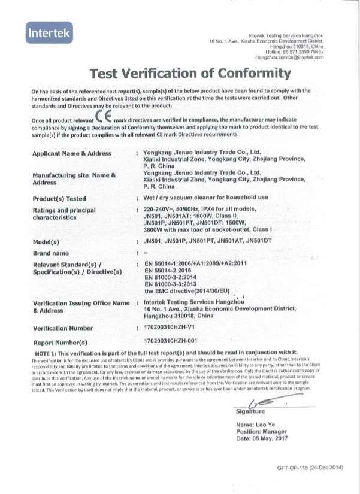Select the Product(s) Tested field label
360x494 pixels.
[x=59, y=198]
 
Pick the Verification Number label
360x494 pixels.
[x=63, y=328]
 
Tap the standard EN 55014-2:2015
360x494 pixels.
[x=173, y=270]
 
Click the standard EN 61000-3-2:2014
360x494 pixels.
[x=174, y=277]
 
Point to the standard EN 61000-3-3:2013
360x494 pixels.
[x=174, y=284]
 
